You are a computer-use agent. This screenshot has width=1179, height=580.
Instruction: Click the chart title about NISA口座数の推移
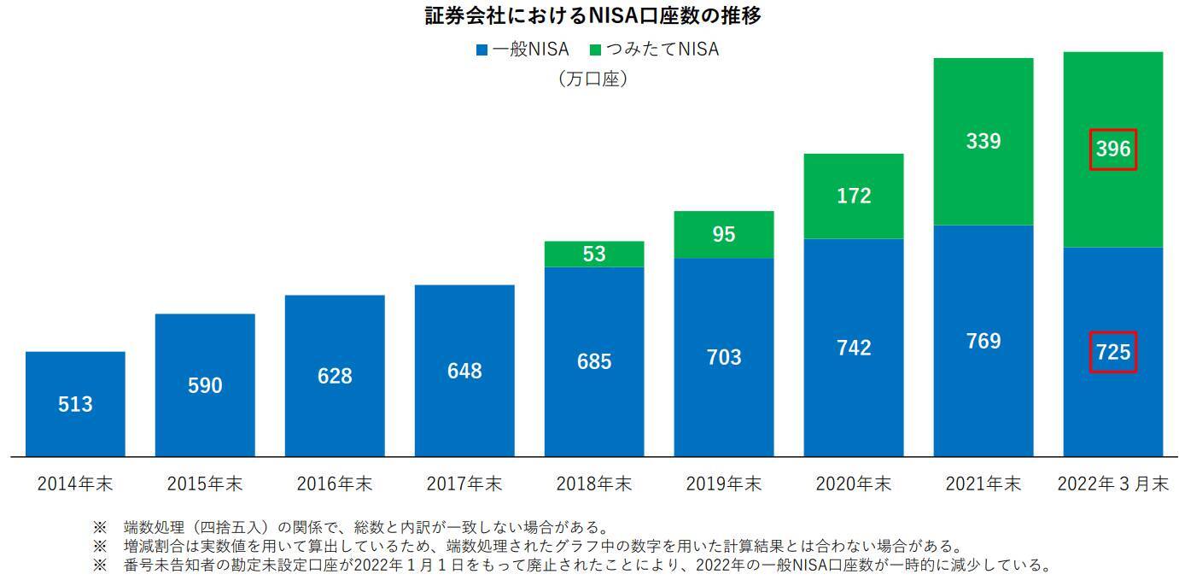pos(592,15)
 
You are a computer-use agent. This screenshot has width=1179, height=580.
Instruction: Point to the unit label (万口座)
pos(592,79)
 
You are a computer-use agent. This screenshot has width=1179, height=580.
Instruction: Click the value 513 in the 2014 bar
pos(75,404)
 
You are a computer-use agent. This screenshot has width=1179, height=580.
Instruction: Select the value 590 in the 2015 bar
pos(205,385)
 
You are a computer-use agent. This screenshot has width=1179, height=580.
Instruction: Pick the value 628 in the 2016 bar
pos(335,376)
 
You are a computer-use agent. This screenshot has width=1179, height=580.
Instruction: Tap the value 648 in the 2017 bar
pos(464,371)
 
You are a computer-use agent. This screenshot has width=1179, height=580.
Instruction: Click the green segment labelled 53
pos(594,254)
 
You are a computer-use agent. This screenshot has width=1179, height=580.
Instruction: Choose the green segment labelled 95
pos(724,234)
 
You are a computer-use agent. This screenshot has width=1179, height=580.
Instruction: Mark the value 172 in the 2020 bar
pos(854,196)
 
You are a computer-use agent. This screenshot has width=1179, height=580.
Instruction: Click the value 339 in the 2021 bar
pos(983,141)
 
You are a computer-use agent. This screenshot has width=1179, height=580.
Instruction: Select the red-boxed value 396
pos(1113,149)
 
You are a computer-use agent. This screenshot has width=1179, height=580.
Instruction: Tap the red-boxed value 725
pos(1113,352)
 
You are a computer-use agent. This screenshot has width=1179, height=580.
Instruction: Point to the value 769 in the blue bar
pos(983,341)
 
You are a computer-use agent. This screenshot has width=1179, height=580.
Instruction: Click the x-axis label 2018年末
pos(594,483)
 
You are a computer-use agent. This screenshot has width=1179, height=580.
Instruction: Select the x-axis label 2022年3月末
pos(1113,483)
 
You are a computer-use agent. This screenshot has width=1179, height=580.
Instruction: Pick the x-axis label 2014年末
pos(75,483)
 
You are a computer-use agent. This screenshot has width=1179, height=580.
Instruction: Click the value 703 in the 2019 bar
pos(724,357)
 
